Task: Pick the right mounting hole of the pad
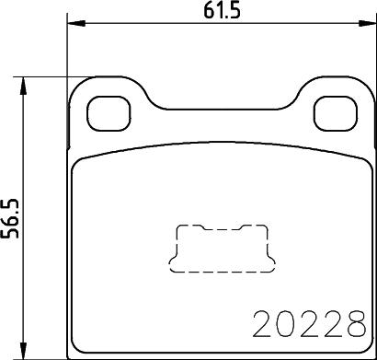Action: click(331, 114)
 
